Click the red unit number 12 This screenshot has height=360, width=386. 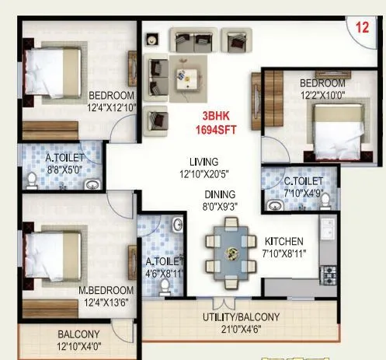coord(362,27)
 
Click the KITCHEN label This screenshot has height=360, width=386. coord(283,242)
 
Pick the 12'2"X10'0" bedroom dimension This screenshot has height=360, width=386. coord(322,95)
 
